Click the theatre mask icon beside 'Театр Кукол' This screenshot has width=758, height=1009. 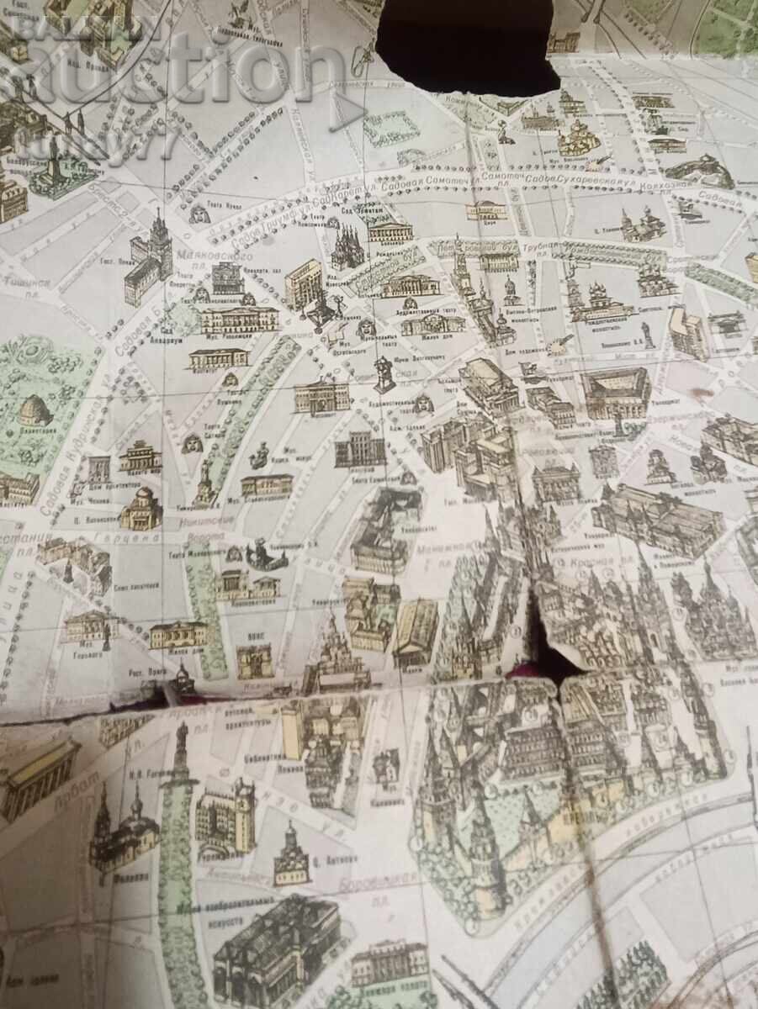pyautogui.click(x=199, y=214)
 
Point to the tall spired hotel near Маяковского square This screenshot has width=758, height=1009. pyautogui.click(x=151, y=252)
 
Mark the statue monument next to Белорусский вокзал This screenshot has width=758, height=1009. pyautogui.click(x=51, y=160)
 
